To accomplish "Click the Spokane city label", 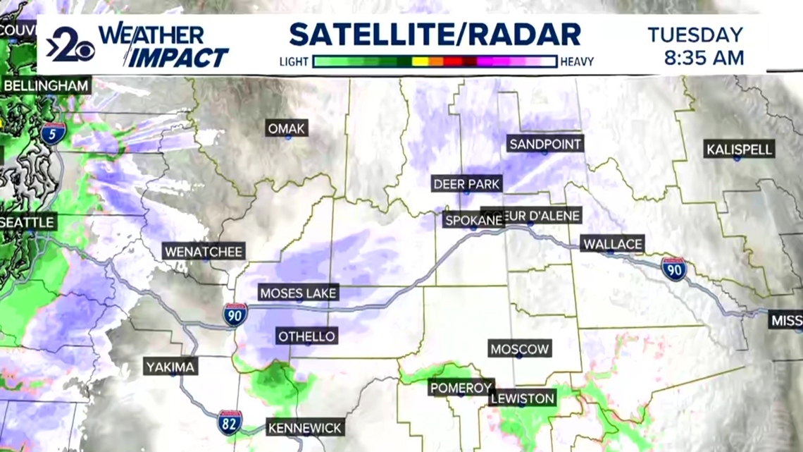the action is point(473,220).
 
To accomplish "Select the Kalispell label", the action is point(740,149).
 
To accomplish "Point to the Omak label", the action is point(287,128).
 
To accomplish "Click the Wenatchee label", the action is point(204,251).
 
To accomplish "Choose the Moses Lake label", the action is point(299,293).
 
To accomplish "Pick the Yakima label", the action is point(170,367).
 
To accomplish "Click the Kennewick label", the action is point(305,427).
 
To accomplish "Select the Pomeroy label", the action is point(461,387).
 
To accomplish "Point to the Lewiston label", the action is point(523,398).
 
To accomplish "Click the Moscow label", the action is point(520,349).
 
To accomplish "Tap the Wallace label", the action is point(612,244).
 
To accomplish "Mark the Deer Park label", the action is point(466,184).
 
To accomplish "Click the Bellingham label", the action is point(46,86).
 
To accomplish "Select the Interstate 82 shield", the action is point(230,422).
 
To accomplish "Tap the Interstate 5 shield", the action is point(53,133).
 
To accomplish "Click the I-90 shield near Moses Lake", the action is point(235,314).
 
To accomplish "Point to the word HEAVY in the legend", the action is point(577,62).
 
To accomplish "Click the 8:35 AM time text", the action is point(704,58).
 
